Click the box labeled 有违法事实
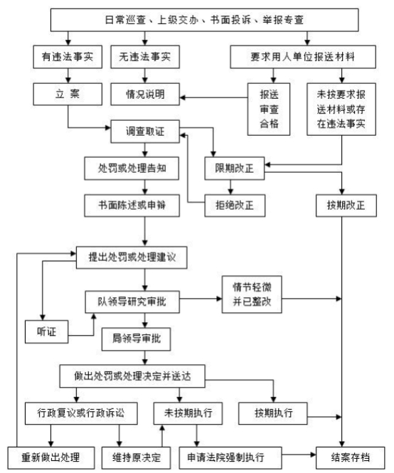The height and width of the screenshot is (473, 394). (x=68, y=57)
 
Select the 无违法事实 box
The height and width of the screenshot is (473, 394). (x=145, y=57)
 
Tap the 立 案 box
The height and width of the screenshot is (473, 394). (x=68, y=94)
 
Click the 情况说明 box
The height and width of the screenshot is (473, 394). (x=145, y=94)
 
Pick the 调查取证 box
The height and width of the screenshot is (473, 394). (x=145, y=132)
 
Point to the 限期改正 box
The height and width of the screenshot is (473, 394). (x=235, y=169)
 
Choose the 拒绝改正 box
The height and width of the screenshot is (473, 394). (x=235, y=206)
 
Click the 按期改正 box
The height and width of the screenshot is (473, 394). (x=346, y=206)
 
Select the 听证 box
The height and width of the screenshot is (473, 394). (x=46, y=332)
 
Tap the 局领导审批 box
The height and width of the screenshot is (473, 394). (x=136, y=339)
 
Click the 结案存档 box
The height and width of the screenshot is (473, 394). (x=350, y=457)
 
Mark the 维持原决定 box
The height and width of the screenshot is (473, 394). (x=136, y=457)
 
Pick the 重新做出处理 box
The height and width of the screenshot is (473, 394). (x=50, y=457)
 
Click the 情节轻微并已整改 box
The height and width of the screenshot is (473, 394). (x=252, y=294)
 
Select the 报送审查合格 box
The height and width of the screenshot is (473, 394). (x=269, y=110)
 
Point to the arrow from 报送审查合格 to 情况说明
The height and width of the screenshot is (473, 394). (x=213, y=97)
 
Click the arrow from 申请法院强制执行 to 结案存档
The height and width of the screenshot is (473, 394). (x=299, y=455)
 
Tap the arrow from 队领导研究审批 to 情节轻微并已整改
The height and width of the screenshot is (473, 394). (x=201, y=299)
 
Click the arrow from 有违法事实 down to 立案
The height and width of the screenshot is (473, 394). (x=68, y=75)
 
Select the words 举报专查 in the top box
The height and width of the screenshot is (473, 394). (x=282, y=20)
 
